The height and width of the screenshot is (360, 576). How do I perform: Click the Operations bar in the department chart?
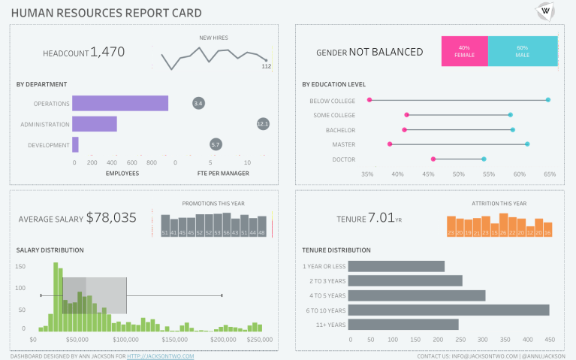[120, 104]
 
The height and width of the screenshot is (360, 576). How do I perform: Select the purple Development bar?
[75, 144]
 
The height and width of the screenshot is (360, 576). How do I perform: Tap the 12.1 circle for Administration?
[263, 123]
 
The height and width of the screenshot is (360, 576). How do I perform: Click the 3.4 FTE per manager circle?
[198, 102]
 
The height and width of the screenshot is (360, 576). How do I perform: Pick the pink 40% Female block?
[464, 51]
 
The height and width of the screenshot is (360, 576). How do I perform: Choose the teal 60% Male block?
[522, 51]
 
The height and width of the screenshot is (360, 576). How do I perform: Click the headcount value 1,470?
[107, 52]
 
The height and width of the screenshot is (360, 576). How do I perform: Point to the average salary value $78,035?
[111, 218]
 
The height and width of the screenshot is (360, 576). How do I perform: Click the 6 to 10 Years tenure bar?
[448, 310]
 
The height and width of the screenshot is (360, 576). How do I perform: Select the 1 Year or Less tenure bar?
[396, 266]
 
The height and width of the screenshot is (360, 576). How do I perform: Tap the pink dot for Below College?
[369, 100]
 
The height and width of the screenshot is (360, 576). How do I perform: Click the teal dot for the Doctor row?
[484, 159]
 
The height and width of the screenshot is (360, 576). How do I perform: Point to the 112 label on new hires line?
[266, 66]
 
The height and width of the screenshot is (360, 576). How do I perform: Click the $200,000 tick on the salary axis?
[223, 340]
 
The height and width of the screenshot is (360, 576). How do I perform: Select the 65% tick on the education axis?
[550, 174]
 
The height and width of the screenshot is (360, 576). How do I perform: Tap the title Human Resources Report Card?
[107, 13]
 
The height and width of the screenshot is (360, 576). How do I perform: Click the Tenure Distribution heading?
[336, 250]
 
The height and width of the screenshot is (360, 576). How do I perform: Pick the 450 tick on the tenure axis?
[550, 340]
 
